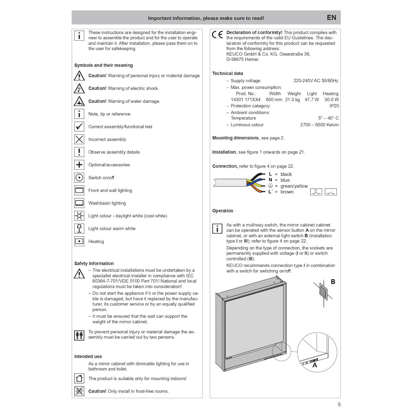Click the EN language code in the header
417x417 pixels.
coord(332,18)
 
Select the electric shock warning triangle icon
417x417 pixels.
coord(79,89)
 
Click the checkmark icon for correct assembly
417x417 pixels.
coord(79,126)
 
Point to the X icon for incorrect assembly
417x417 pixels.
coord(79,139)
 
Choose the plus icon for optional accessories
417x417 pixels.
coord(79,165)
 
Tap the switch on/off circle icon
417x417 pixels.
coord(79,178)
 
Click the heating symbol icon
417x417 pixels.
coord(79,241)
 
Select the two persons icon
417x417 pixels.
coord(79,335)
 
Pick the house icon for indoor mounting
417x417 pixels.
coord(79,378)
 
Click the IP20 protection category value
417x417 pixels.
coord(334,106)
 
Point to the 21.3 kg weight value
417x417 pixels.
coord(292,100)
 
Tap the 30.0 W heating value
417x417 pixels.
coord(332,100)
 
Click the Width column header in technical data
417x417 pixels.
coord(275,93)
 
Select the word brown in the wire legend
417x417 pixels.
coord(287,192)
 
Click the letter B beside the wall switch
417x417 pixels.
coord(333,282)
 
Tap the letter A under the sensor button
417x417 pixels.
coord(315,365)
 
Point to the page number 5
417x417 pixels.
coord(339,404)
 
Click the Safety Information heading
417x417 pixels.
coord(94,263)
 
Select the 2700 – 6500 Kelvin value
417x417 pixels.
coord(319,125)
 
